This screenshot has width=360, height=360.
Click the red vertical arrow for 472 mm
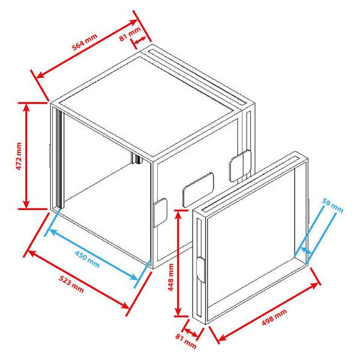pos(26,156)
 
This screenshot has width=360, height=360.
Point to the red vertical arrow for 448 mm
pos(178,263)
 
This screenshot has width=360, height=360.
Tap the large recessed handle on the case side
pos(198,188)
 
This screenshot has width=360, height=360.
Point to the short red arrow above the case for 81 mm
pos(141,40)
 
